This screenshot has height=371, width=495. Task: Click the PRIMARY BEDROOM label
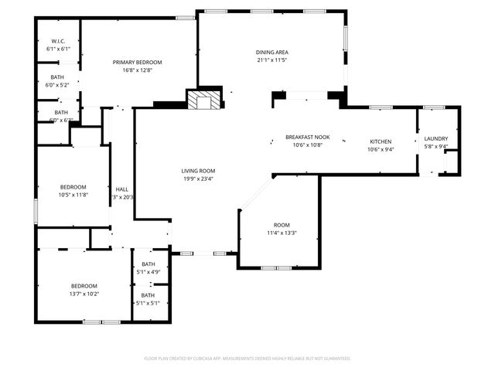pyautogui.click(x=137, y=62)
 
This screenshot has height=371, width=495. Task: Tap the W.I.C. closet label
pyautogui.click(x=58, y=41)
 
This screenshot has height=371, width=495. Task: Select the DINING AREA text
pyautogui.click(x=271, y=52)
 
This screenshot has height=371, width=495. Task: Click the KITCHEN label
pyautogui.click(x=380, y=141)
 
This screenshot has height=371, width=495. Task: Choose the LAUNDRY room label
pyautogui.click(x=435, y=138)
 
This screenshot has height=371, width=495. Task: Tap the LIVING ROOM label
pyautogui.click(x=198, y=171)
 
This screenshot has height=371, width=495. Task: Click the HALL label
pyautogui.click(x=121, y=189)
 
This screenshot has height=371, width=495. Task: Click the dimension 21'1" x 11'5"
pyautogui.click(x=271, y=60)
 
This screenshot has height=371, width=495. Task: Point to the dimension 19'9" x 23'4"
pyautogui.click(x=198, y=179)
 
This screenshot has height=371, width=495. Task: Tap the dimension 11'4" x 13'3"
pyautogui.click(x=282, y=233)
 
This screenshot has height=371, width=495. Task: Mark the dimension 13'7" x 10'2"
pyautogui.click(x=84, y=294)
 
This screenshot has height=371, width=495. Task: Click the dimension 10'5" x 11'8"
pyautogui.click(x=73, y=194)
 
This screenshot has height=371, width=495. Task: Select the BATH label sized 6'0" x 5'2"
pyautogui.click(x=57, y=77)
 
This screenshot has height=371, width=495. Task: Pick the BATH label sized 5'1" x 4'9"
pyautogui.click(x=148, y=264)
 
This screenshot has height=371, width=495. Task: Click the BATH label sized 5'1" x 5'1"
pyautogui.click(x=148, y=295)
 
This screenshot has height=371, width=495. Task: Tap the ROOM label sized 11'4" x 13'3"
pyautogui.click(x=282, y=225)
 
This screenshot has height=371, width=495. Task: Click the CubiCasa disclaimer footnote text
pyautogui.click(x=247, y=359)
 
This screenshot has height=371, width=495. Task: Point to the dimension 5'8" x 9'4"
pyautogui.click(x=435, y=146)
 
